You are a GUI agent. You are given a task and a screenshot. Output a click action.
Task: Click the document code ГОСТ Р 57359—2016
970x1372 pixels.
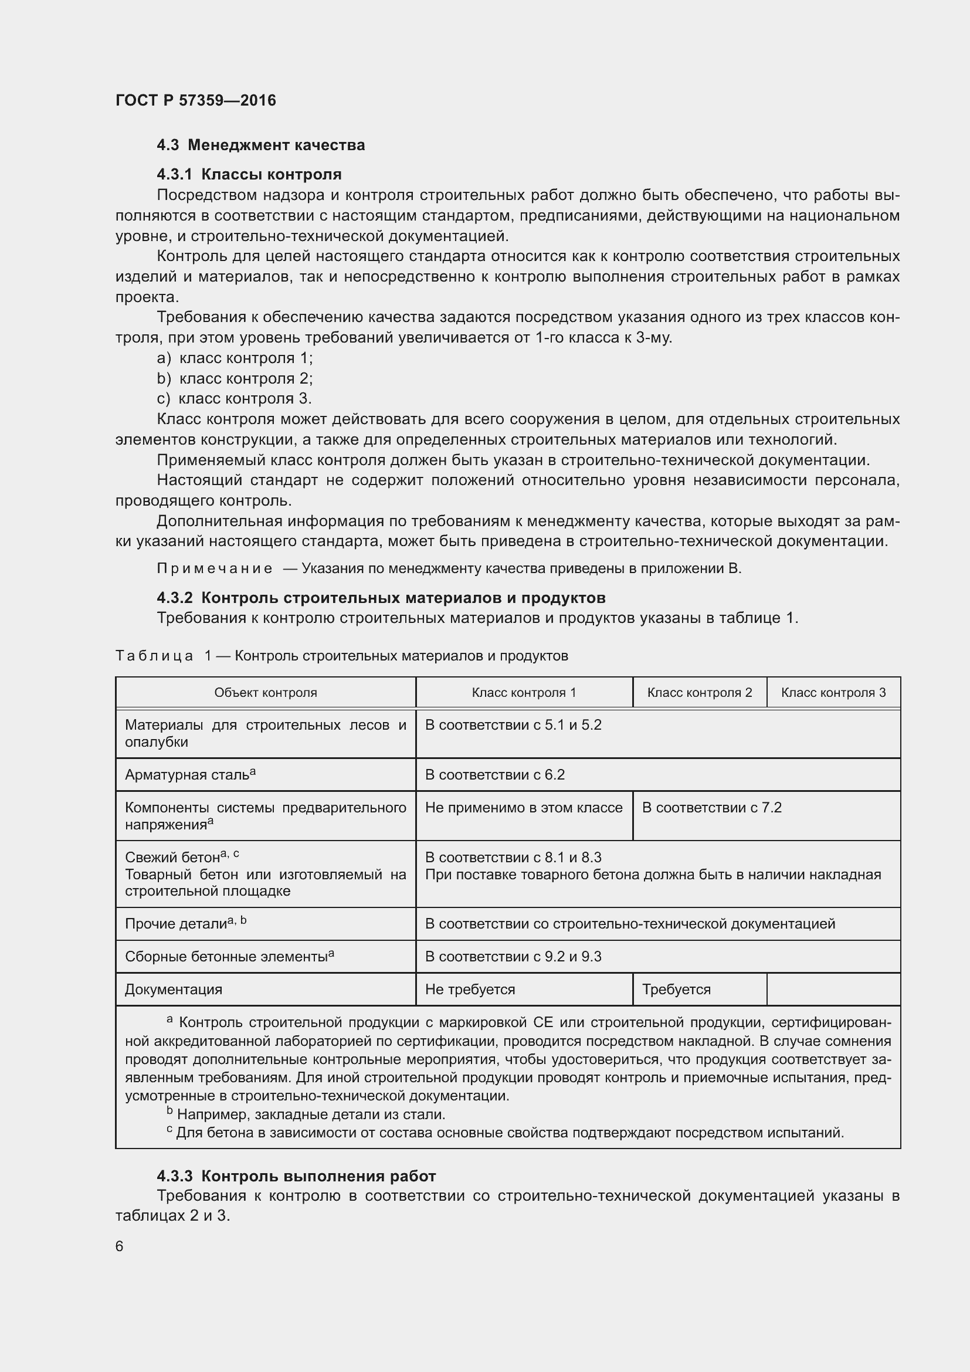click(195, 100)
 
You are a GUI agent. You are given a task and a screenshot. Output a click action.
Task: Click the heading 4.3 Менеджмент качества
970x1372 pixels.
click(260, 145)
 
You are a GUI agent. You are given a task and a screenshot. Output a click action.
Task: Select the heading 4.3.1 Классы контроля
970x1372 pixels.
click(249, 174)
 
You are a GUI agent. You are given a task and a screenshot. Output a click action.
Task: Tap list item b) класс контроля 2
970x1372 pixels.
click(234, 378)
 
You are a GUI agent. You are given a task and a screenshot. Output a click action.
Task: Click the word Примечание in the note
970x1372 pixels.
click(215, 568)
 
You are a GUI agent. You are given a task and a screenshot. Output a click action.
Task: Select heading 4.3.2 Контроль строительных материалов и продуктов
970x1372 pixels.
click(381, 598)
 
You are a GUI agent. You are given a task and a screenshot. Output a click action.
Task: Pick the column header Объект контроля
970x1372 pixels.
click(265, 693)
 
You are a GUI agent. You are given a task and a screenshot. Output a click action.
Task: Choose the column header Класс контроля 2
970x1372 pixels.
click(700, 693)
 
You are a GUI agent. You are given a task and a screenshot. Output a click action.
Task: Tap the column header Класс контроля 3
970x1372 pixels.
click(833, 693)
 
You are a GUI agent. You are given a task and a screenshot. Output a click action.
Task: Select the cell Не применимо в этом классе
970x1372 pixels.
click(523, 808)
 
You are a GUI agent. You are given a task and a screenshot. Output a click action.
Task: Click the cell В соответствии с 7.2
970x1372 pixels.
click(711, 808)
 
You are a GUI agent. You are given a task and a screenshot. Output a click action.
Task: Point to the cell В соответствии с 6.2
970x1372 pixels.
click(494, 775)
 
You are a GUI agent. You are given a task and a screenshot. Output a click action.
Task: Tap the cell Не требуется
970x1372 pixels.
click(470, 990)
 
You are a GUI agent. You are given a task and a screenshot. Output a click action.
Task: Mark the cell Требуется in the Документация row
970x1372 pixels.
click(676, 990)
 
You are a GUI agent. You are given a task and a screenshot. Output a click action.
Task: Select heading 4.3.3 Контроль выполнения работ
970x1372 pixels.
click(296, 1176)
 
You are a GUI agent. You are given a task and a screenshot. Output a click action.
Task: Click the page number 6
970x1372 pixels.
click(120, 1246)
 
